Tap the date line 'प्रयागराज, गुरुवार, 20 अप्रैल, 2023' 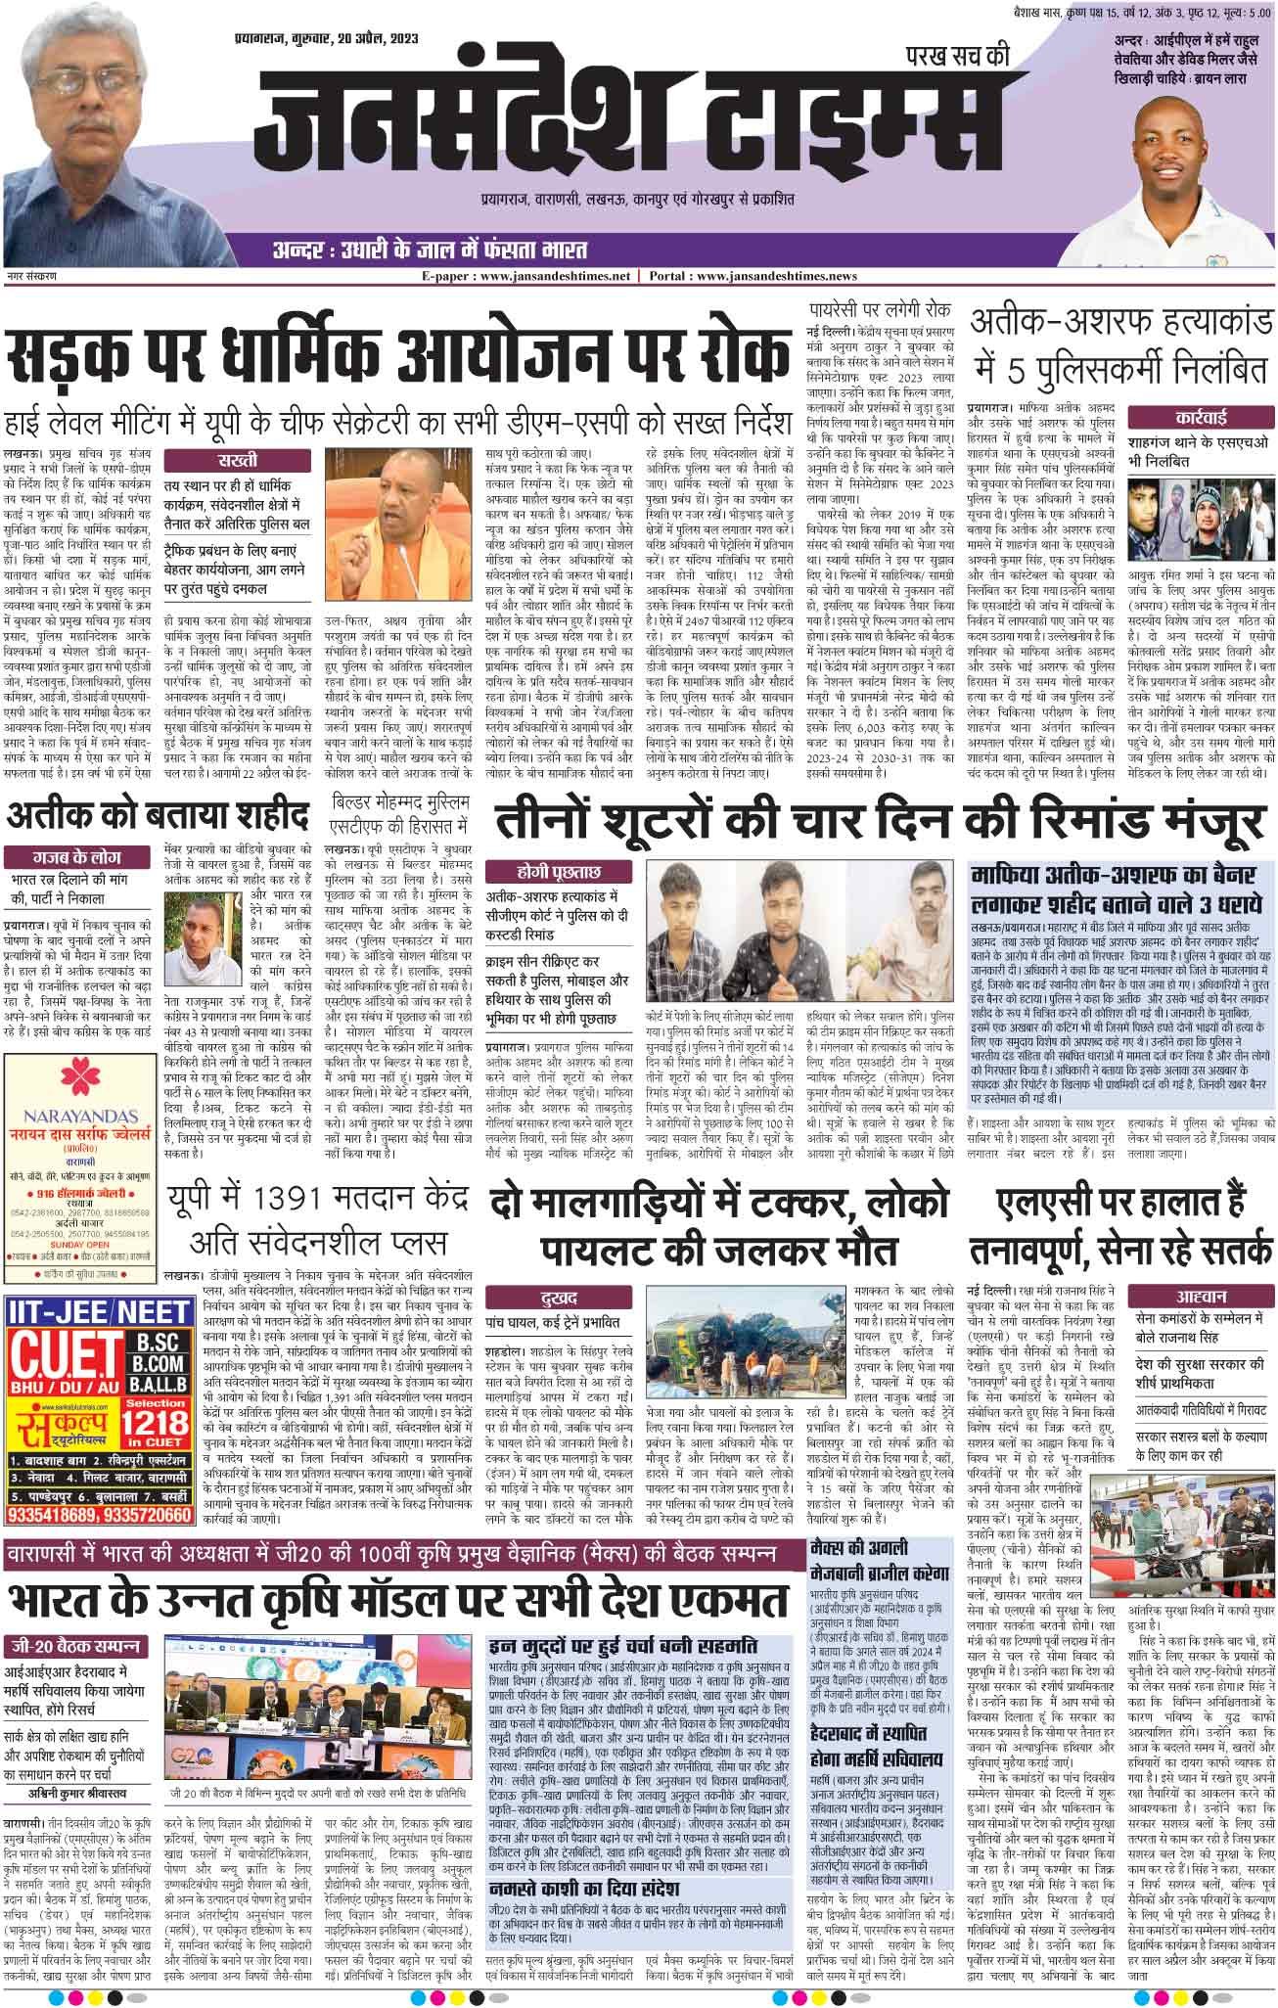pos(312,40)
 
